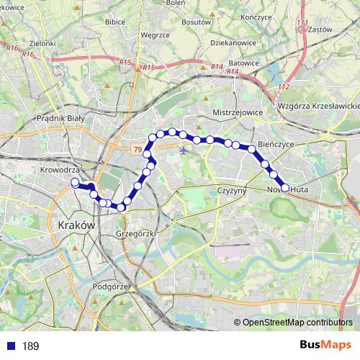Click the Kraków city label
coord(75,225)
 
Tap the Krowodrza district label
coord(60,171)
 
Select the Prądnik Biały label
coord(60,118)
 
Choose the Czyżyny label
coord(232,191)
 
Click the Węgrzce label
coord(155,33)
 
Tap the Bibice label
coord(115,22)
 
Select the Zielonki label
coord(42,43)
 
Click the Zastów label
coord(318,32)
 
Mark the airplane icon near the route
coord(185,151)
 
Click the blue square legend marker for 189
coord(12,346)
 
